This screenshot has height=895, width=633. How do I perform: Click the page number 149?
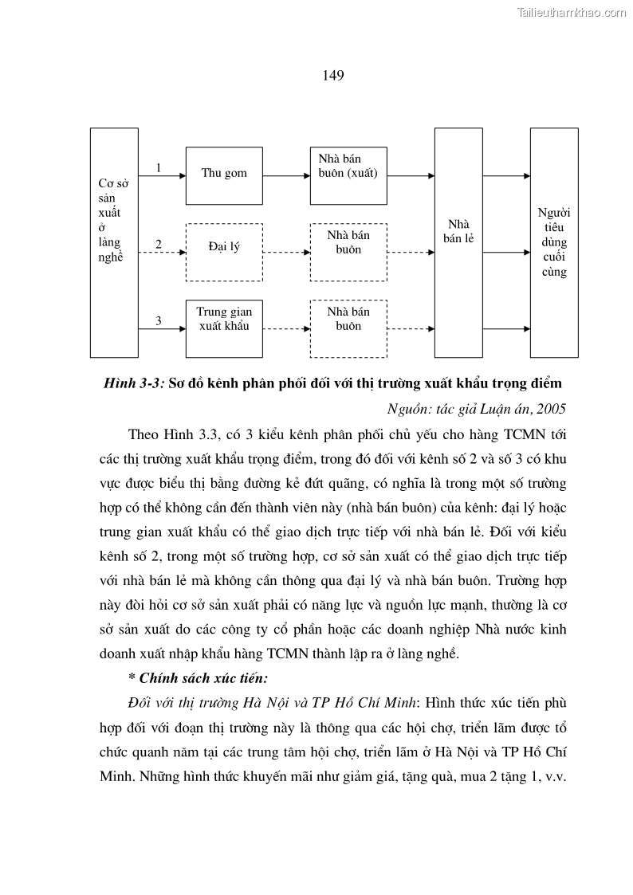[333, 76]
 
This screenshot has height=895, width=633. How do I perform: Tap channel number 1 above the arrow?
[159, 168]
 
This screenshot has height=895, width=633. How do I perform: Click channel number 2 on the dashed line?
[159, 245]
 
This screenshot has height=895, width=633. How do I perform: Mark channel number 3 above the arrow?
[159, 320]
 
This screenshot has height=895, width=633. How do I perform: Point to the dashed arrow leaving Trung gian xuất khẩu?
[286, 328]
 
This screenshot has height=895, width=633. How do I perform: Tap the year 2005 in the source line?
[551, 409]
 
